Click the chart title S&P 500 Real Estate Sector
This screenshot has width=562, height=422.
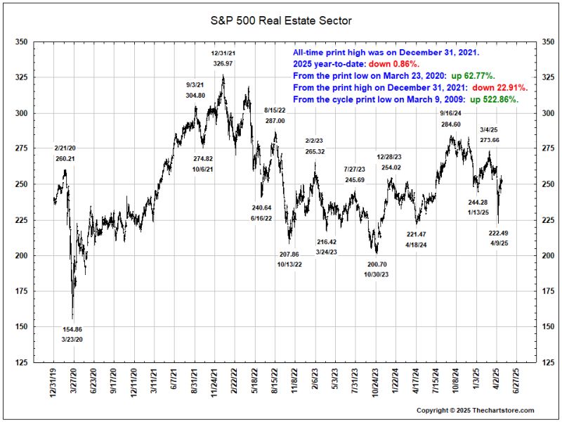pyautogui.click(x=281, y=21)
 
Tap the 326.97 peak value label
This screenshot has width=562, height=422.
pyautogui.click(x=223, y=63)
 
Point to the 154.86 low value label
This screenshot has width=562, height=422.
pyautogui.click(x=72, y=329)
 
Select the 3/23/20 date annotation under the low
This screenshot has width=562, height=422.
pyautogui.click(x=72, y=340)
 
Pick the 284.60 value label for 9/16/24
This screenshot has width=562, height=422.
pyautogui.click(x=450, y=124)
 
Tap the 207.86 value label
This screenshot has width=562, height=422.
pyautogui.click(x=289, y=254)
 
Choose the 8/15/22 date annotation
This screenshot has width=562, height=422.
pyautogui.click(x=275, y=110)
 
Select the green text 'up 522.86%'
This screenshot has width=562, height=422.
pyautogui.click(x=494, y=100)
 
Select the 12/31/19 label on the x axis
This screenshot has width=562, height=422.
pyautogui.click(x=55, y=383)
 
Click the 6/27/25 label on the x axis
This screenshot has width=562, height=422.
pyautogui.click(x=518, y=383)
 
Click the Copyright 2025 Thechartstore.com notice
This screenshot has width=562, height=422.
pyautogui.click(x=475, y=410)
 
